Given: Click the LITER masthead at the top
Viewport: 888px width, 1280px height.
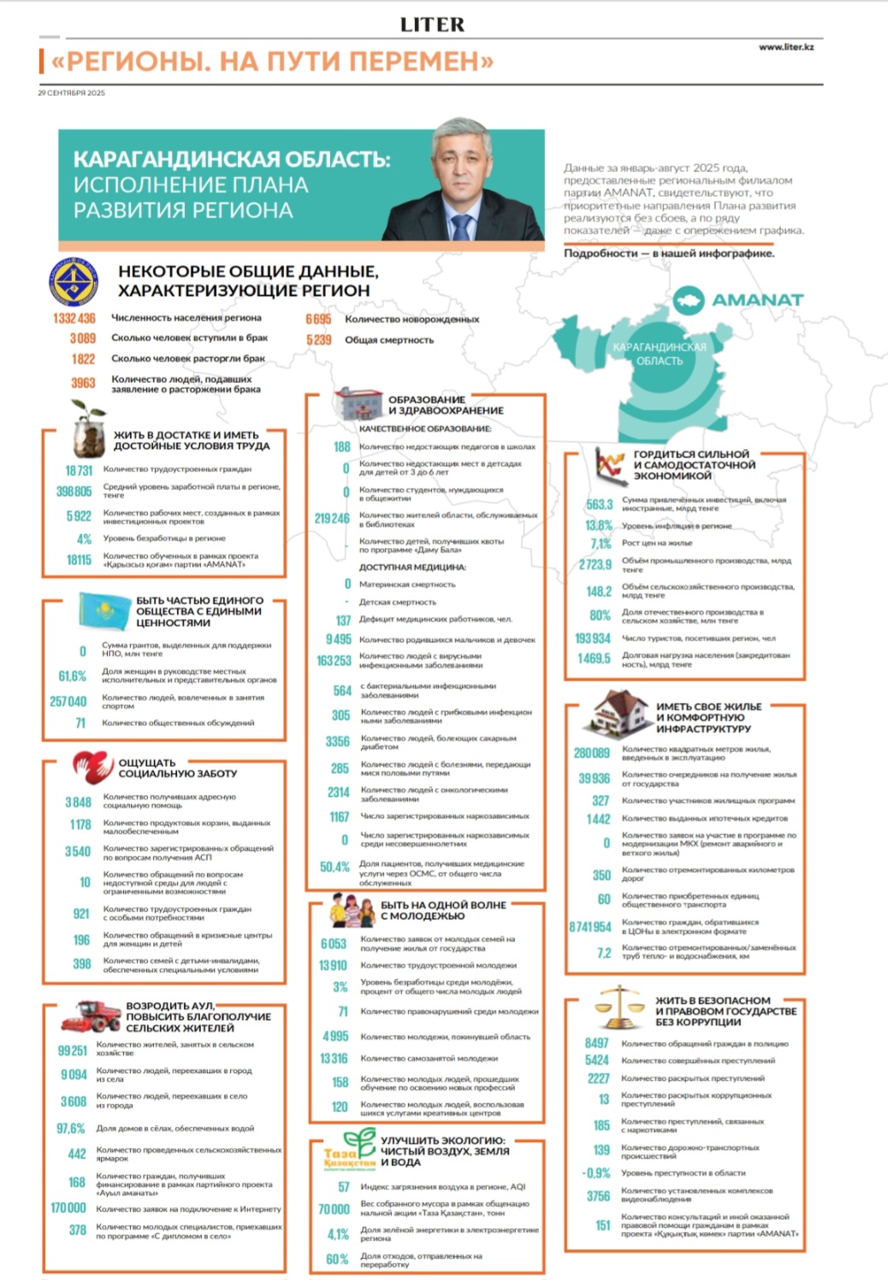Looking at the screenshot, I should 433,25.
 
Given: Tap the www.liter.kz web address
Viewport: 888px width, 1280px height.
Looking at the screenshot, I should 785,47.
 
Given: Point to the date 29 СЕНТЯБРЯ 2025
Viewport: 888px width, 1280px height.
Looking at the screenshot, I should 71,92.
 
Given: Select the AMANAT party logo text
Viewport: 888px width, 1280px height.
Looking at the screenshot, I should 757,300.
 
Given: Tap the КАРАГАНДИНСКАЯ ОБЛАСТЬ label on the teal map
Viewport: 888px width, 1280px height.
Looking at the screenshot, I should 660,354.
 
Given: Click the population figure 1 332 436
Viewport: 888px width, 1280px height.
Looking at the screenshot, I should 74,318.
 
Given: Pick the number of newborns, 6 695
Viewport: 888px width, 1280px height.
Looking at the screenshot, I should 318,319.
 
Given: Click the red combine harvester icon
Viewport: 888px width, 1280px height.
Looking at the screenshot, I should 91,1017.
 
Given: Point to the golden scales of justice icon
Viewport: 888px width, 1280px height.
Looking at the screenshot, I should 619,1006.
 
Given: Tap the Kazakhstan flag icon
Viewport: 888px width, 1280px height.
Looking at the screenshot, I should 104,610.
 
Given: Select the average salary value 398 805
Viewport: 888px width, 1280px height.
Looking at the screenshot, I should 74,492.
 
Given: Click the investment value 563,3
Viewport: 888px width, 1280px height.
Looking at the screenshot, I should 599,504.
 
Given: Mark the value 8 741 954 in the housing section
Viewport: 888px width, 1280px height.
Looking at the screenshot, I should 590,927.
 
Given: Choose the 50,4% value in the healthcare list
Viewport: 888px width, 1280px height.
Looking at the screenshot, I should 335,867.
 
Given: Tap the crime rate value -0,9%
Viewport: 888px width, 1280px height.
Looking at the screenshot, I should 596,1173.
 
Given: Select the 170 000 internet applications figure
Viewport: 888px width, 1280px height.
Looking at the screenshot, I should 68,1208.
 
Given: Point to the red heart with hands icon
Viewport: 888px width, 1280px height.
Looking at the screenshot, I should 91,767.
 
